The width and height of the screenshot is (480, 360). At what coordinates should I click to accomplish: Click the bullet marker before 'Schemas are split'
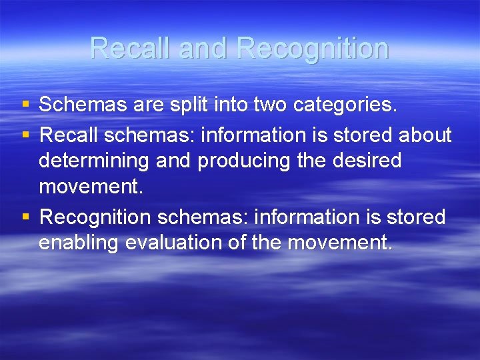[25, 105]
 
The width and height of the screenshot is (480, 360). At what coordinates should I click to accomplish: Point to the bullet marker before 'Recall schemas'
[25, 135]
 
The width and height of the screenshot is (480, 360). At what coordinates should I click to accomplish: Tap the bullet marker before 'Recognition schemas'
[25, 217]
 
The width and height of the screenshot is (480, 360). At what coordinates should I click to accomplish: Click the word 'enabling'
[81, 243]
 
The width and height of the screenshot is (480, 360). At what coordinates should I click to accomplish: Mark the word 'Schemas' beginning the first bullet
[79, 105]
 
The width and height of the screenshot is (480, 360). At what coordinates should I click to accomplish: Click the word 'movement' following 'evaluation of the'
[339, 243]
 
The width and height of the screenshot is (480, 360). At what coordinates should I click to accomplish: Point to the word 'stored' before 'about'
[361, 135]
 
